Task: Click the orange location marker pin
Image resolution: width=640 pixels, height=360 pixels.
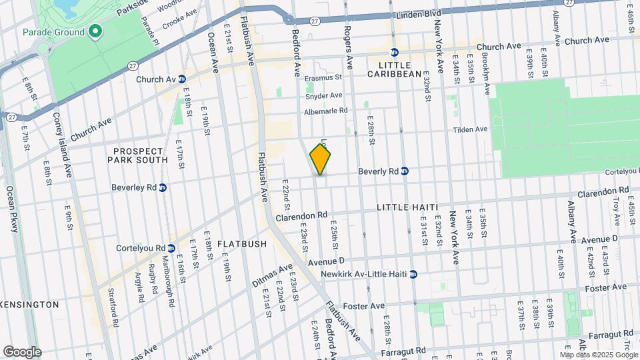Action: pyautogui.click(x=321, y=160)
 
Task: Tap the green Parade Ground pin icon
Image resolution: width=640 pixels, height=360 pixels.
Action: pyautogui.click(x=95, y=31)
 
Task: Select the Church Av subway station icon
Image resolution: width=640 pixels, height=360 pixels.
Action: pyautogui.click(x=181, y=79)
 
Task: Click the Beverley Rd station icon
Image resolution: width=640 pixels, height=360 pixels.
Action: pyautogui.click(x=163, y=187)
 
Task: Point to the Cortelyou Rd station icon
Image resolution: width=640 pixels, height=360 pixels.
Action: pyautogui.click(x=171, y=248)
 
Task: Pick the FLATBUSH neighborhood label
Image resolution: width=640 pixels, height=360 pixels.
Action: pyautogui.click(x=241, y=244)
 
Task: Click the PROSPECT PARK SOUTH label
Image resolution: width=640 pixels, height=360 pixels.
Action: pyautogui.click(x=140, y=155)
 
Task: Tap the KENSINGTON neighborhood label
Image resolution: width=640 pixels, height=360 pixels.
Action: pyautogui.click(x=29, y=304)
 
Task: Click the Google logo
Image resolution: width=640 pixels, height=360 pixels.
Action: pyautogui.click(x=22, y=351)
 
